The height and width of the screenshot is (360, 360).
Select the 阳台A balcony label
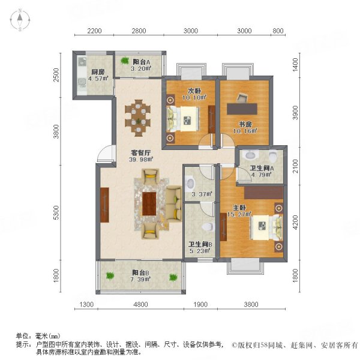(x=142, y=61)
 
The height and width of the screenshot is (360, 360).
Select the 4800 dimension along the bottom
(x=140, y=305)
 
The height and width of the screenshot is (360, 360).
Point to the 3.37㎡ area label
(x=198, y=193)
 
